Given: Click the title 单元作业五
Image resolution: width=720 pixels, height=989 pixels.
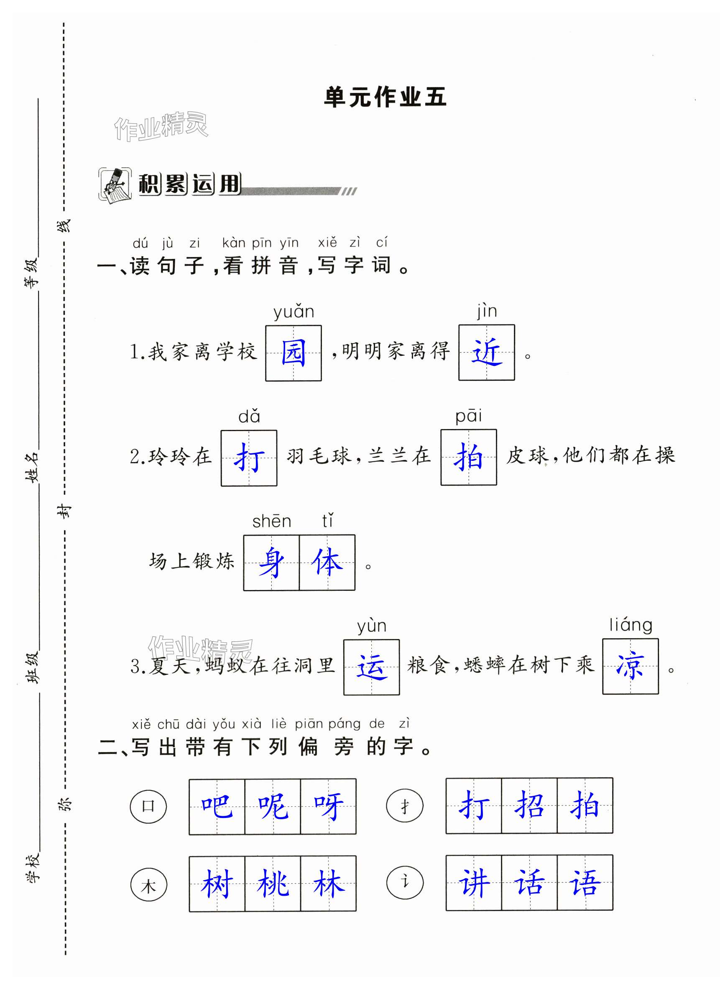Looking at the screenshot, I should (x=385, y=97).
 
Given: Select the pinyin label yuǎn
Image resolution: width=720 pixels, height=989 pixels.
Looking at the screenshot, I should (x=294, y=312).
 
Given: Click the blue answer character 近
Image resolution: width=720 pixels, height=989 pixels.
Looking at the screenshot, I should (x=486, y=353).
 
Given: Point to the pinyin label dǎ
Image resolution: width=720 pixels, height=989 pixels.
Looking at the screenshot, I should (x=249, y=417).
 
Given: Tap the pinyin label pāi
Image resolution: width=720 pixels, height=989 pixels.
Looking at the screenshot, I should (x=468, y=416).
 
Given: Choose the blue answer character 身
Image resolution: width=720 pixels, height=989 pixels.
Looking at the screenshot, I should (x=271, y=562).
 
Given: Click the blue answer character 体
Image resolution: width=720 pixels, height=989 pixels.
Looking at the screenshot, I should (x=327, y=562).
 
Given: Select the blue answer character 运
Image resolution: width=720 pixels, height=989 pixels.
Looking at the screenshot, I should (x=371, y=667).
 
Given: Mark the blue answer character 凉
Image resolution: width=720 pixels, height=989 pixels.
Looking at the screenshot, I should (x=630, y=666).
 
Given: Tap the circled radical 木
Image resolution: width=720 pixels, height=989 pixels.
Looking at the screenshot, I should (x=148, y=885).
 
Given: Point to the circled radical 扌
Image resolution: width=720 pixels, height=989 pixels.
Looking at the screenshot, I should (x=405, y=805).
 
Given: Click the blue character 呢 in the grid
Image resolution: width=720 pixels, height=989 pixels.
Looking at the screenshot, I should (x=273, y=807).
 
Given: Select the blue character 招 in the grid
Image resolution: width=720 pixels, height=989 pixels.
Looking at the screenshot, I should (x=529, y=806).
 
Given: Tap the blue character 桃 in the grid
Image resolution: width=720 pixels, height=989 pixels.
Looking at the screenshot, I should (x=273, y=884).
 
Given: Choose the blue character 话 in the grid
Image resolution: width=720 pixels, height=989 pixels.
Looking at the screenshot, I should (x=529, y=883).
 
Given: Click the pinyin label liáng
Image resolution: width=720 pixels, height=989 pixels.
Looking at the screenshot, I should (x=631, y=625).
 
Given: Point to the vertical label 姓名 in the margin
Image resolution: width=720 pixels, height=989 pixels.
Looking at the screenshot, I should (x=32, y=467).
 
